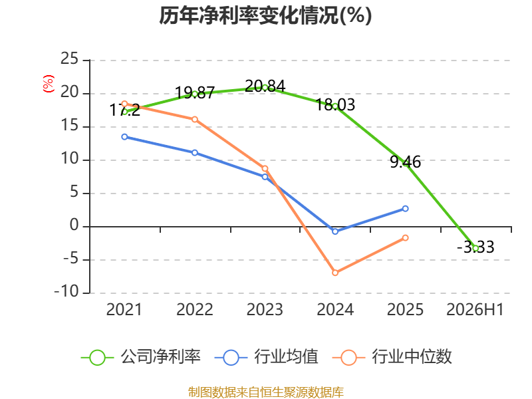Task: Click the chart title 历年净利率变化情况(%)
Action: pos(265,15)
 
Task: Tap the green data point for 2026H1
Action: pos(475,248)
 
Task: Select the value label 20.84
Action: pos(265,86)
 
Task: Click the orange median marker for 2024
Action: pos(335,273)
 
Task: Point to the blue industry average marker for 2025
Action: pos(406,208)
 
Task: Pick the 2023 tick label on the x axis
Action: pos(265,309)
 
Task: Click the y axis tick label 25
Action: pos(70,59)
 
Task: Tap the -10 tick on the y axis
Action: pos(66,291)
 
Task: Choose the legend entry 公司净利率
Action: pos(141,357)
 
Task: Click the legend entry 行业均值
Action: pos(267,357)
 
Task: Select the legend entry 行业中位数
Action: pos(392,357)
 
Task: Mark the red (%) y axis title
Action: pos(48,84)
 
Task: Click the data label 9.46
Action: pos(406,162)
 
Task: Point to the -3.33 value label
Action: pos(475,247)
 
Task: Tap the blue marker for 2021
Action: pos(124,137)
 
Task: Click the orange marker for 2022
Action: pos(195,119)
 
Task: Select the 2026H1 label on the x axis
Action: pos(475,309)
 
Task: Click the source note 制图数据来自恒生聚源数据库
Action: pos(266,392)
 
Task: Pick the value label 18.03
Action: pos(335,104)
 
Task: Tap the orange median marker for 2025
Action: pos(406,238)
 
